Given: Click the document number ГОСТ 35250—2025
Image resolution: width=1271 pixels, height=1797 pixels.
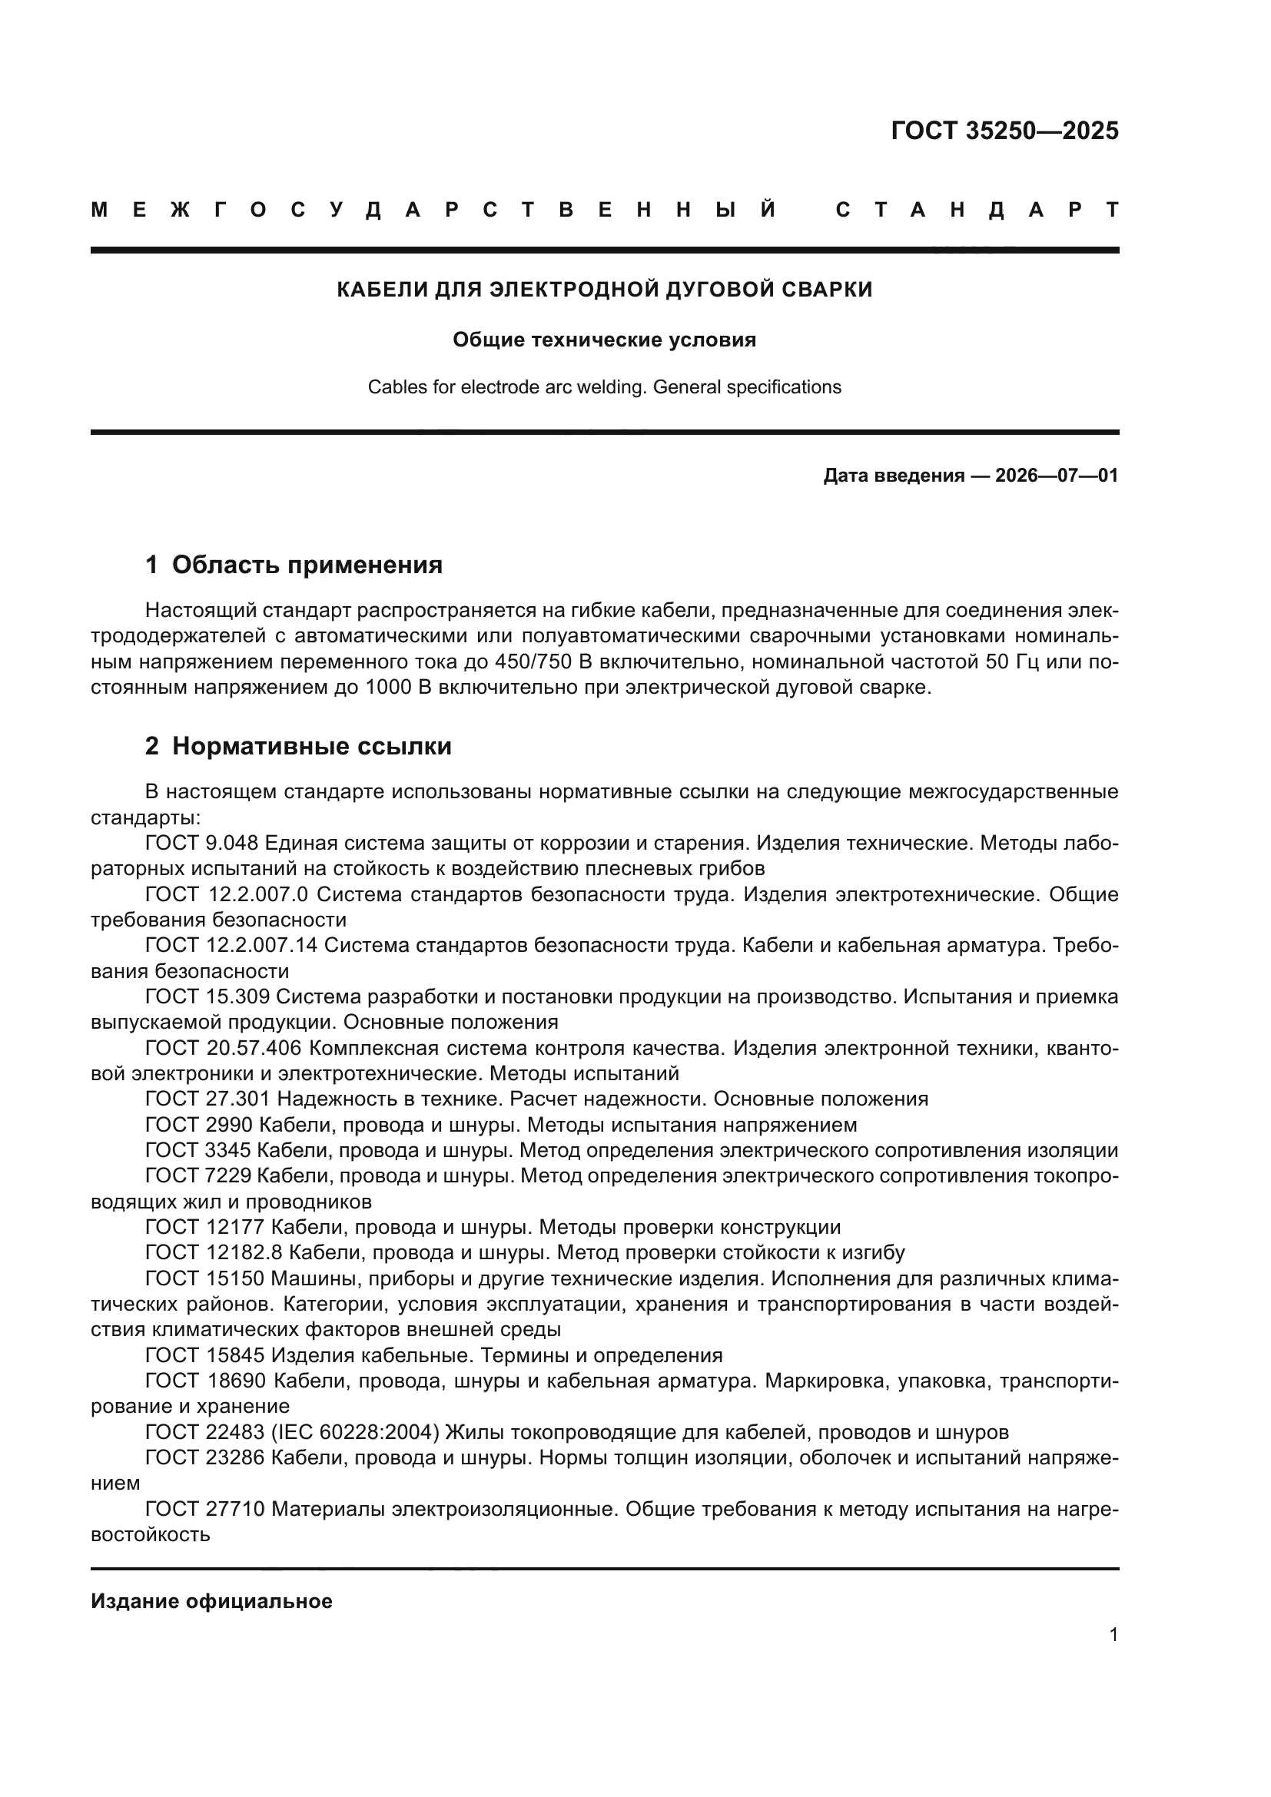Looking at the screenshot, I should point(1004,131).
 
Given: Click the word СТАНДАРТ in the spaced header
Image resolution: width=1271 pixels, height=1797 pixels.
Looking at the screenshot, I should point(977,210).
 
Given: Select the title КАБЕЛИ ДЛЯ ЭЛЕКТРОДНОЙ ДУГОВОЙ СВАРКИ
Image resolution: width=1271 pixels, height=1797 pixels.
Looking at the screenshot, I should point(604,290).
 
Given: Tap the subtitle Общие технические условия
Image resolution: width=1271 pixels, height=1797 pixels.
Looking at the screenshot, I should point(604,340).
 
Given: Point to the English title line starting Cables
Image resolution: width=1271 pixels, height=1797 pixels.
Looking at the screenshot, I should point(604,386).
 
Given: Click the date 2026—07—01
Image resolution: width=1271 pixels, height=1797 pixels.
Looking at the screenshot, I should point(1057,475).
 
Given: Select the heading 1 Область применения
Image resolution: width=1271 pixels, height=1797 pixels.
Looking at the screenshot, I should point(294,565).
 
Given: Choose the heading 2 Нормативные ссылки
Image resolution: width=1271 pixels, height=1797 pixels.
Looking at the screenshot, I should point(298,746).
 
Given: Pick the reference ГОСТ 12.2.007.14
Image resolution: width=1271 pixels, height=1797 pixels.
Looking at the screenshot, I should point(231,946).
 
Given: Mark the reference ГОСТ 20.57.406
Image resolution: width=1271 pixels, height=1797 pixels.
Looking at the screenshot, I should point(223,1048).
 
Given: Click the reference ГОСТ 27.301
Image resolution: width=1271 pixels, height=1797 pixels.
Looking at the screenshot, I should point(207,1099).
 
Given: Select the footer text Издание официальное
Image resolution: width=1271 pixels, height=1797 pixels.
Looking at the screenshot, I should point(211,1601).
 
